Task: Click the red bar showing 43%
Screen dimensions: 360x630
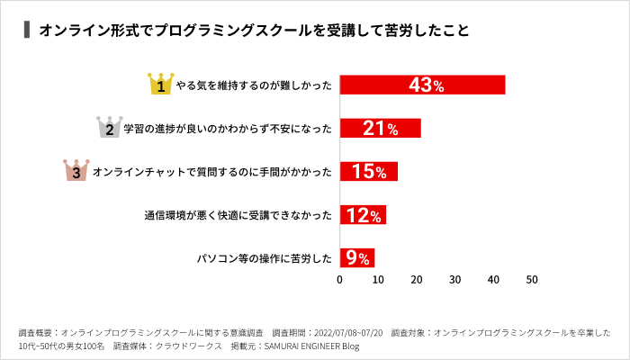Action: [422, 85]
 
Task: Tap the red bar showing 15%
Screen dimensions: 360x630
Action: [368, 171]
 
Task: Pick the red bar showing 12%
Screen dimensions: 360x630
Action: [363, 215]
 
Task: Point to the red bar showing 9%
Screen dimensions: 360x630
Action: [356, 258]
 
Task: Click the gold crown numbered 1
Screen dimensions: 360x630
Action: [160, 85]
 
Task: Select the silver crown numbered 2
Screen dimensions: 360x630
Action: [109, 128]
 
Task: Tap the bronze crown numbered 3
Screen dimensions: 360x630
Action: [76, 170]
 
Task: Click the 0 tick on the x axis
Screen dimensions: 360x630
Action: [339, 280]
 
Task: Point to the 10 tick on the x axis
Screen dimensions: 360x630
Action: [378, 280]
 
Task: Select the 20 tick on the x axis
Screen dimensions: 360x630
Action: [417, 280]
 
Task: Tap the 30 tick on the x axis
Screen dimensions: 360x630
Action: [455, 280]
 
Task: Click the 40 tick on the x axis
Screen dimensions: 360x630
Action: [493, 280]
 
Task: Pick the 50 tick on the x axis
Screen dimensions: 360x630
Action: [532, 280]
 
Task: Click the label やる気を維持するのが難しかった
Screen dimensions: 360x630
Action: [255, 86]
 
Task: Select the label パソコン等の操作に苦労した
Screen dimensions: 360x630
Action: [265, 259]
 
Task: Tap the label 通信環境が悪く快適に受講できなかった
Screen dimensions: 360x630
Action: [238, 216]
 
